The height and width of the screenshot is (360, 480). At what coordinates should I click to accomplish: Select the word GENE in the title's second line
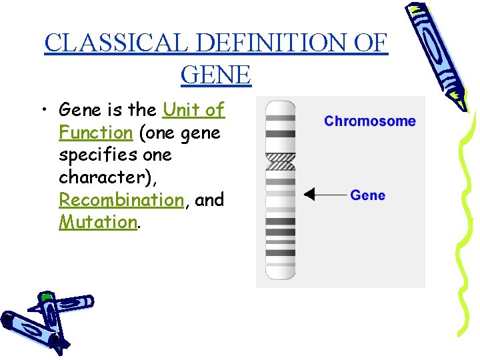click(216, 75)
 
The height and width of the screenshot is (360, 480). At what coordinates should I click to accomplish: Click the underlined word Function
click(96, 133)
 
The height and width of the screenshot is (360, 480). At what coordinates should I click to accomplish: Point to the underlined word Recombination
click(121, 200)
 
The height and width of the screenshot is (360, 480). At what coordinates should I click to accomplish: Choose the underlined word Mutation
click(97, 222)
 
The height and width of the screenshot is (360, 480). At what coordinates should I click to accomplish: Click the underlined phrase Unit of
click(193, 109)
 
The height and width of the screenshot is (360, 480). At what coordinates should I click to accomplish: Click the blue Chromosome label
click(369, 121)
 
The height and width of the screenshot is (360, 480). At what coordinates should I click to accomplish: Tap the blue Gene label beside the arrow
click(367, 195)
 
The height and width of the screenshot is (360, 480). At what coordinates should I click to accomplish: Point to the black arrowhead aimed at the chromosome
click(309, 195)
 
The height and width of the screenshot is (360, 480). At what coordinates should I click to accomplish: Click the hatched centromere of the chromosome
click(280, 161)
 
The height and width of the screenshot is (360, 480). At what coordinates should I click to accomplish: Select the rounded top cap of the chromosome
click(280, 107)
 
